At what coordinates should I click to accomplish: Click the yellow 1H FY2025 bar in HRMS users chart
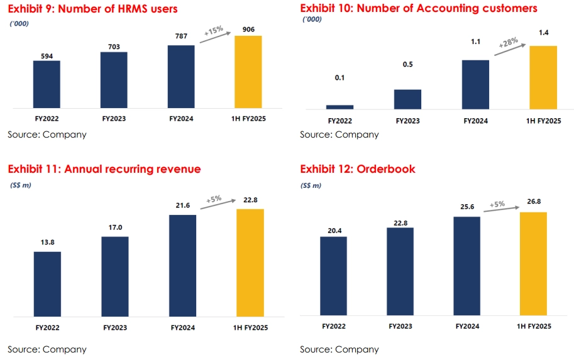[x=248, y=72]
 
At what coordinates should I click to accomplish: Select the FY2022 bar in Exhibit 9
[x=47, y=84]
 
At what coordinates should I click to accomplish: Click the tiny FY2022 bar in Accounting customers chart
[x=339, y=107]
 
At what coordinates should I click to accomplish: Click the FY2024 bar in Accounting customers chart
[x=475, y=84]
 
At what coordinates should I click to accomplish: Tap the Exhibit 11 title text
[x=104, y=169]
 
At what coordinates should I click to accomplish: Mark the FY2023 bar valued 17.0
[x=114, y=276]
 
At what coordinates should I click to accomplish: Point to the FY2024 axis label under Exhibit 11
[x=182, y=327]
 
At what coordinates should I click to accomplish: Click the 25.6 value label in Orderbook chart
[x=466, y=208]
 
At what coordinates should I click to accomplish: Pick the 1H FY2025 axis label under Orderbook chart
[x=534, y=327]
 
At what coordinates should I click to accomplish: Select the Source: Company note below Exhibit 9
[x=47, y=134]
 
